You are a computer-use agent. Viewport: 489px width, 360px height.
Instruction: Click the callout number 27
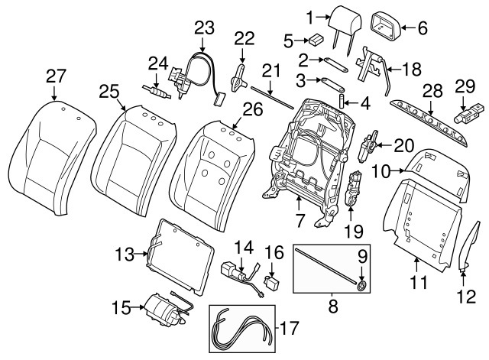click(x=55, y=76)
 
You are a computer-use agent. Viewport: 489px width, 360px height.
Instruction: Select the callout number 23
click(x=204, y=28)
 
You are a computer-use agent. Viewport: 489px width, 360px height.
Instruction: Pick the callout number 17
click(x=287, y=330)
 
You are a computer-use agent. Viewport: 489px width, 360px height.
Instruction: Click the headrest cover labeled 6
click(x=385, y=28)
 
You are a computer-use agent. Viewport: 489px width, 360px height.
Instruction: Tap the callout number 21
click(x=267, y=70)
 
